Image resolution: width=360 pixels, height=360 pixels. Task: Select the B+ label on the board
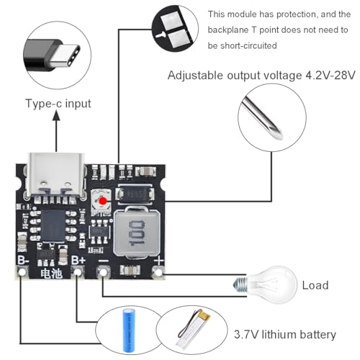click(x=78, y=259)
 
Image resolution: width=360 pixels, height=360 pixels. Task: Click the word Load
click(x=315, y=285)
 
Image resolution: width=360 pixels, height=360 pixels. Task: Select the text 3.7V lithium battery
click(x=284, y=335)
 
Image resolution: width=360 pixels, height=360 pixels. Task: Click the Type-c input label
click(x=58, y=103)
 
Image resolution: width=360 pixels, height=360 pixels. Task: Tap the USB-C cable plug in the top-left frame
click(x=58, y=55)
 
